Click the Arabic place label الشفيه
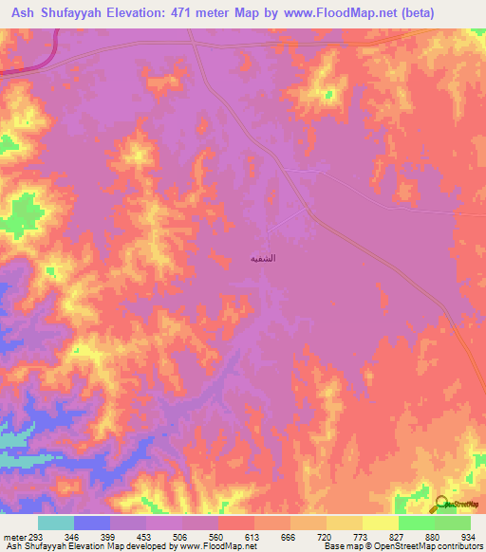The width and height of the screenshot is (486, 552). click(263, 257)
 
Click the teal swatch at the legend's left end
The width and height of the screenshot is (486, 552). click(55, 523)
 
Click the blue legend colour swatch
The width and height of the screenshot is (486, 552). click(91, 523)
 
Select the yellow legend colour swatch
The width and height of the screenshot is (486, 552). click(380, 523)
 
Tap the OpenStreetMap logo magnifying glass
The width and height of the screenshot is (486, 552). click(442, 504)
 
